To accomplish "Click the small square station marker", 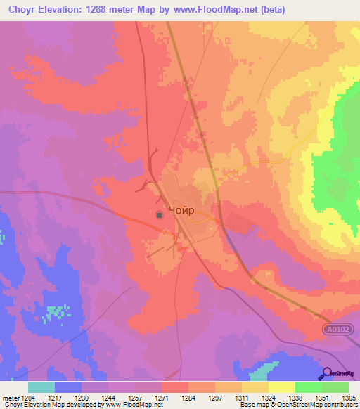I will coord(160,215).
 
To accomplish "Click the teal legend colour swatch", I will coord(41,387).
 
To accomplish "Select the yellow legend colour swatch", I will coord(282,387).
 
